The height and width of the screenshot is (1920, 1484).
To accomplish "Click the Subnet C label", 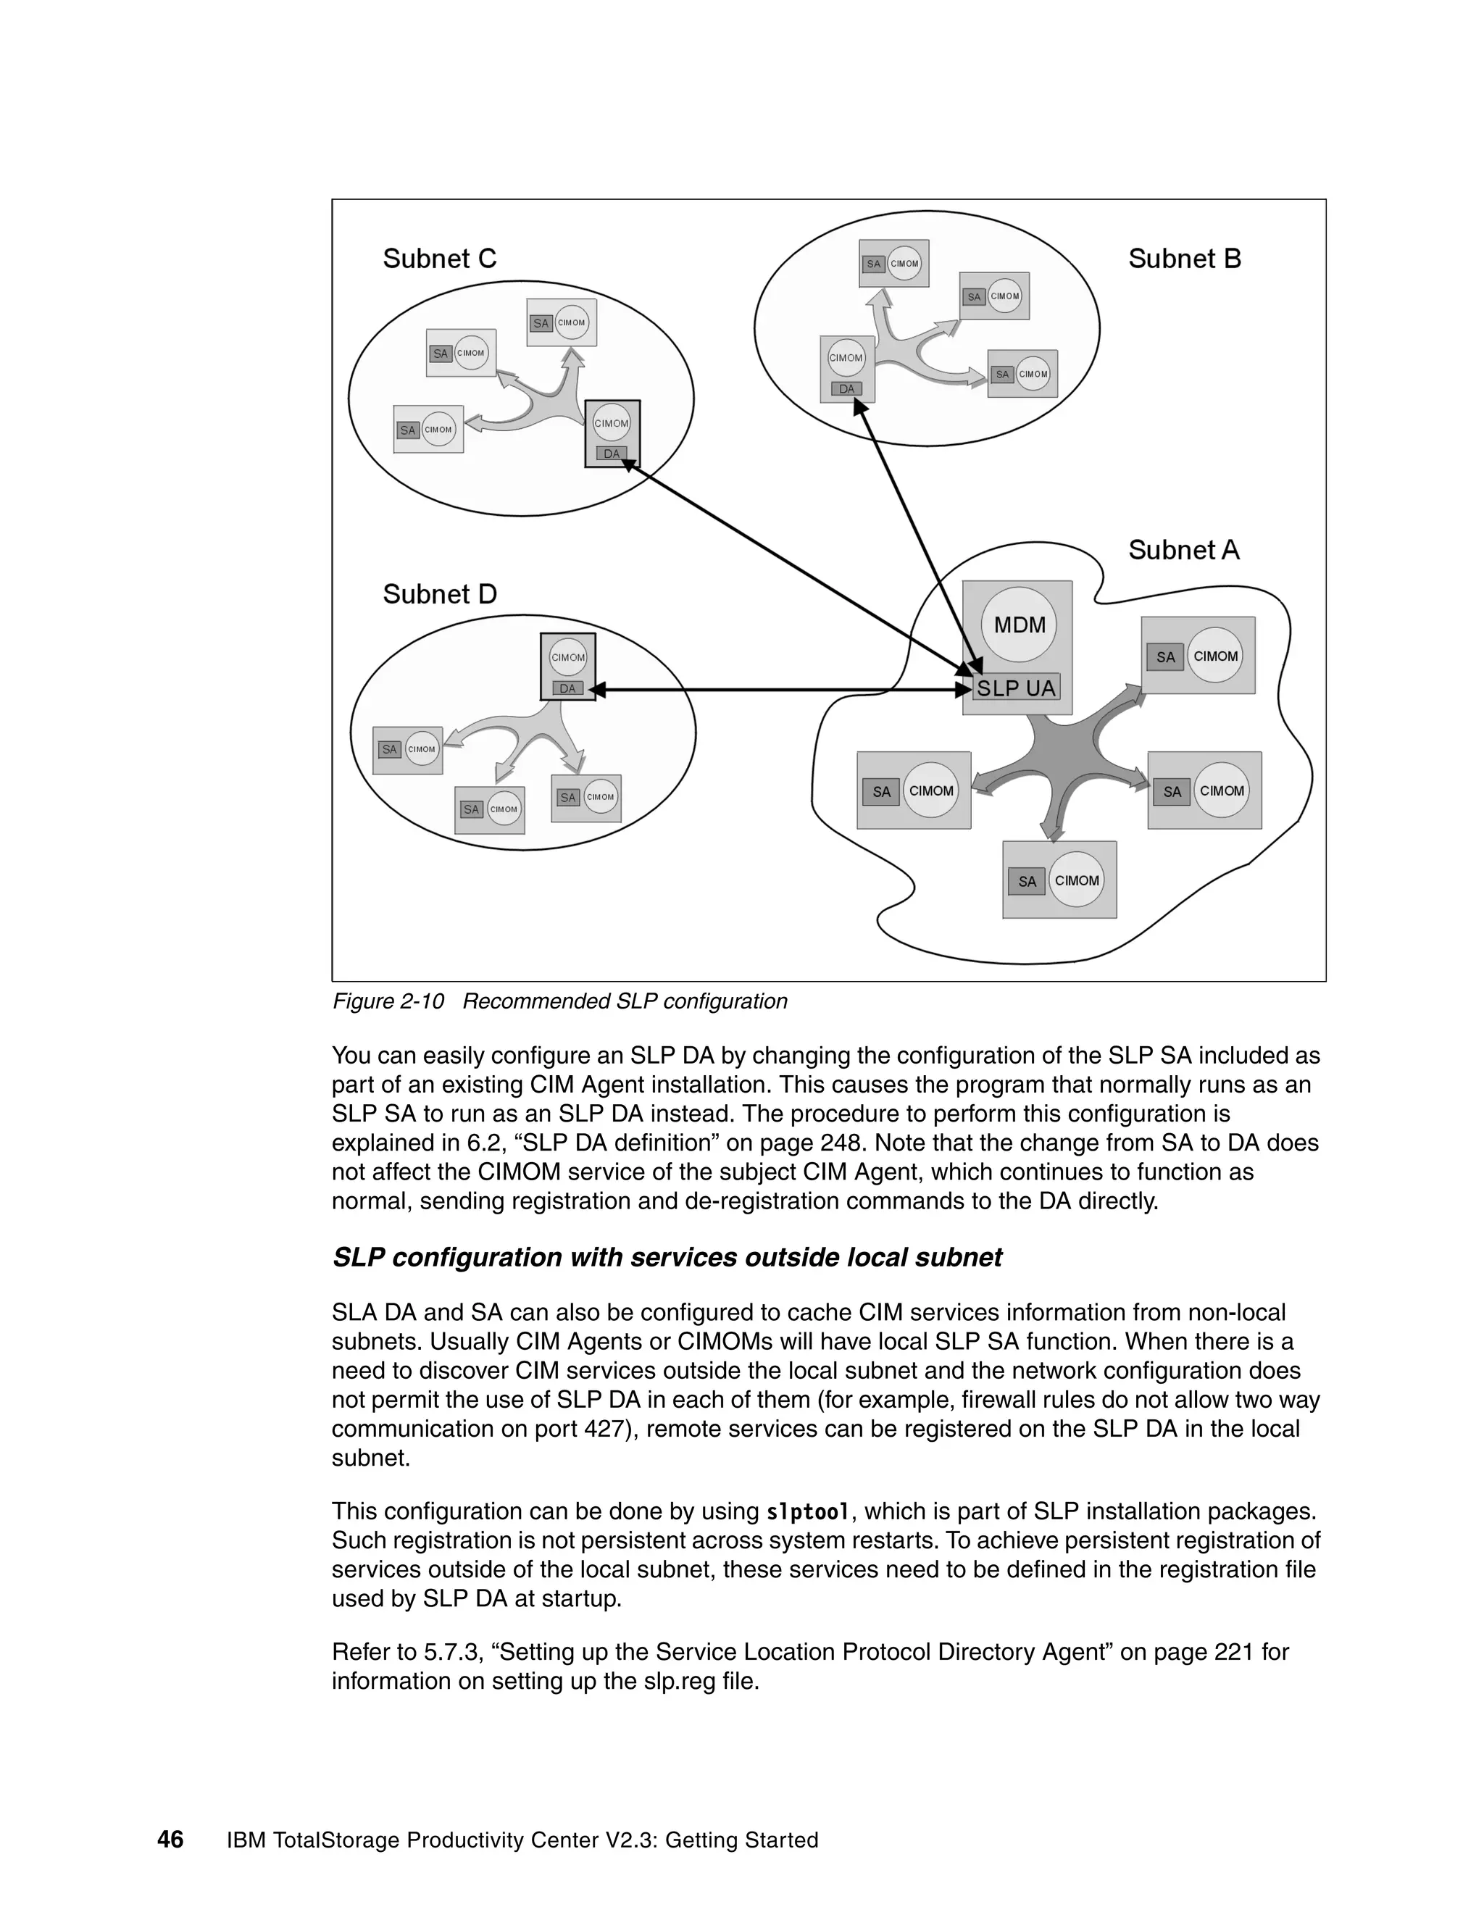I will tap(440, 259).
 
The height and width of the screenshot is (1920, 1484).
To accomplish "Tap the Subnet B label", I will tap(1184, 259).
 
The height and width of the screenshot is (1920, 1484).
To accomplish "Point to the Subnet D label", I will tap(440, 594).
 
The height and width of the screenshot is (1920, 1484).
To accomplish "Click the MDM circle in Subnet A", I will tap(1019, 625).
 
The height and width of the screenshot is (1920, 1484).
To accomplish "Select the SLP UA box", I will tap(1017, 688).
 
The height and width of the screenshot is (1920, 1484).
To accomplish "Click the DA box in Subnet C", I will tap(611, 454).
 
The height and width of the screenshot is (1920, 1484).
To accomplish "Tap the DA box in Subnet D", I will tap(567, 688).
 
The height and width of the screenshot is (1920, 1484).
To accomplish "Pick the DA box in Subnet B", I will tap(846, 388).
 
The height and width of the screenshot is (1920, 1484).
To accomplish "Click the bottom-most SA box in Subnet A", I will tap(1027, 882).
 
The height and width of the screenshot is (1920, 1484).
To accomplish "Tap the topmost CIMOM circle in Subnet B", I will tap(904, 263).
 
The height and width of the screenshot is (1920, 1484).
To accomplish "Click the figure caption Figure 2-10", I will tap(388, 1001).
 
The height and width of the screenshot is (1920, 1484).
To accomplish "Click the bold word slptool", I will tap(808, 1512).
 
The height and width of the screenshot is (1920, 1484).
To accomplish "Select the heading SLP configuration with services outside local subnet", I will tap(667, 1257).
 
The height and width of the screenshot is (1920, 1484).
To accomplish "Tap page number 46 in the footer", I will tap(170, 1840).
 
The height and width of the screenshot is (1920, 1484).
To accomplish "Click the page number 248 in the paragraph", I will tap(837, 1143).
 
